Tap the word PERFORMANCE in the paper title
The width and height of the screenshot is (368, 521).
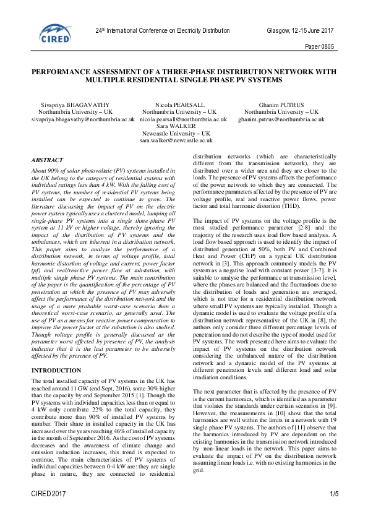point(68,72)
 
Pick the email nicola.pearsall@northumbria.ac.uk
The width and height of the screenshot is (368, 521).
point(184,118)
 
